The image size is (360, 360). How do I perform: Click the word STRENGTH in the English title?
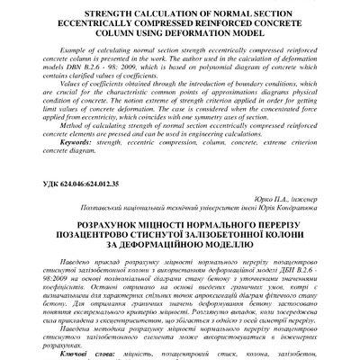107,15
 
